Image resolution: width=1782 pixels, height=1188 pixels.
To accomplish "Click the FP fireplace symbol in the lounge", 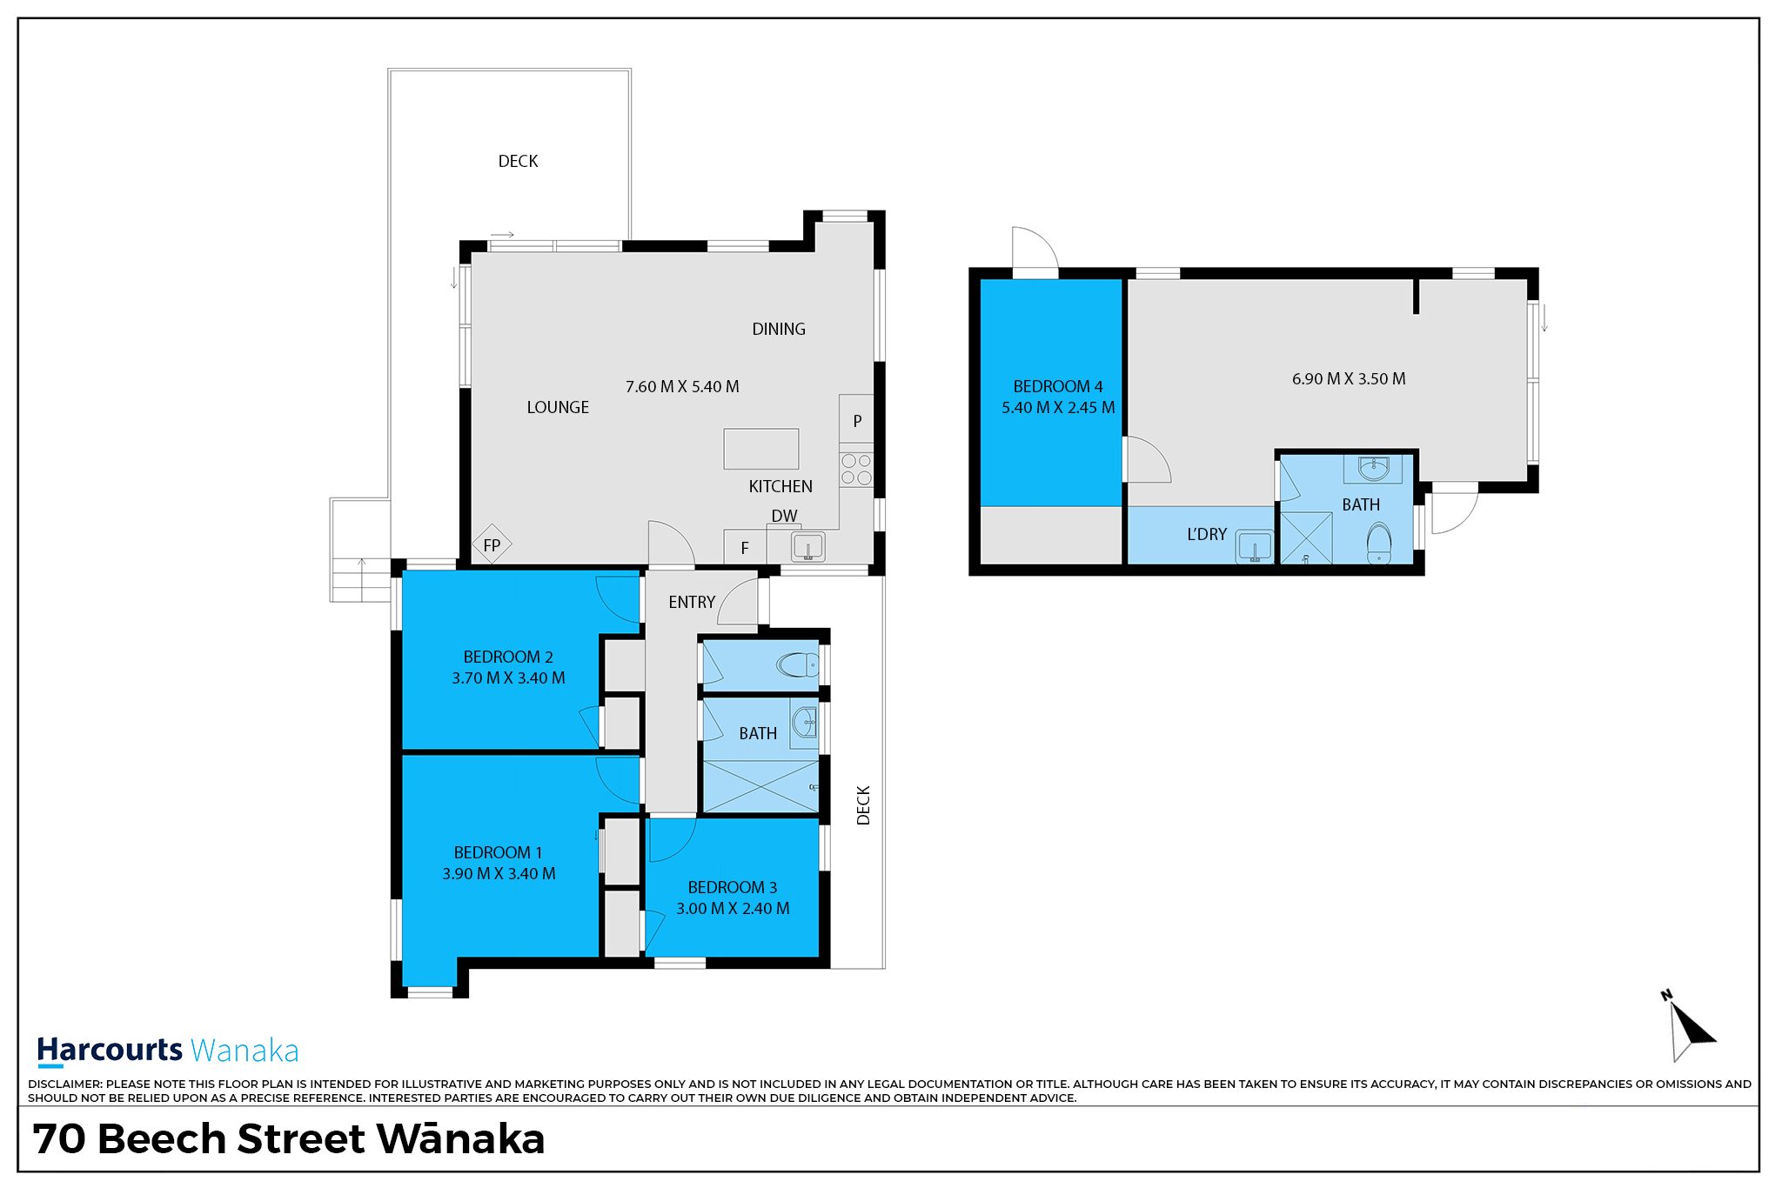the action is click(x=492, y=545).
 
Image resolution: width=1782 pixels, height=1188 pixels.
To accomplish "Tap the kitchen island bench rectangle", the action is click(x=761, y=449).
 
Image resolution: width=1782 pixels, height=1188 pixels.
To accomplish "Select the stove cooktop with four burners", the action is click(x=856, y=469).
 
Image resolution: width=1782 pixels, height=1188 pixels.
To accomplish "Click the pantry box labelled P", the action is click(x=857, y=421).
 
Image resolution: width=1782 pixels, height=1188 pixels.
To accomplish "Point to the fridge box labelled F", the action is click(x=745, y=547).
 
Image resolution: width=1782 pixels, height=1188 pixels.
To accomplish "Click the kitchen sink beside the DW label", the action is click(x=808, y=548).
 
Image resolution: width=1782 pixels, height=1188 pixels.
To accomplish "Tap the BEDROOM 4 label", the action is click(x=1058, y=386).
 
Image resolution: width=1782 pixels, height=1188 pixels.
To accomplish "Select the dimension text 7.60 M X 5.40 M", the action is click(x=682, y=386).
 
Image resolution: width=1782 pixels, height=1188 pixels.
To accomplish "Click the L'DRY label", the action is click(x=1207, y=534).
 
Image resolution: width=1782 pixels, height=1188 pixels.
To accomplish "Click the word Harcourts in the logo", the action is click(x=110, y=1050).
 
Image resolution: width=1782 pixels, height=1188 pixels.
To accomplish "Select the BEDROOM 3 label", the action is click(x=733, y=887).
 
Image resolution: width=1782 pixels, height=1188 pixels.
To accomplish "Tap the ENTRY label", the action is click(x=692, y=602).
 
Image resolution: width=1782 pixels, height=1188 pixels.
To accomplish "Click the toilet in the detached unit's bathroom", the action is click(x=1379, y=543).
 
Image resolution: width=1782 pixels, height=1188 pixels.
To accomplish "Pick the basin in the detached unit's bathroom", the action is click(x=1373, y=469).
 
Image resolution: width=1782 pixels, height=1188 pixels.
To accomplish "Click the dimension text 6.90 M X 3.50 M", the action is click(x=1349, y=378).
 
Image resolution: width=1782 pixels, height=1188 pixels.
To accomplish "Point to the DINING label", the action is click(x=779, y=329).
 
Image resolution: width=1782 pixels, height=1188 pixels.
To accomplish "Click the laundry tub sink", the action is click(x=1255, y=546).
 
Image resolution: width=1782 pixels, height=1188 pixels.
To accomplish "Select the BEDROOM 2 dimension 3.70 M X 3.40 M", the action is click(x=508, y=677).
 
